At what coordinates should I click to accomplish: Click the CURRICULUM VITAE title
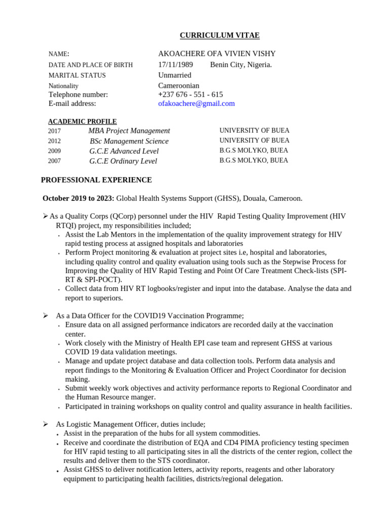(220, 35)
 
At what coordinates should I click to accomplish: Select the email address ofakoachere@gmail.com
(197, 103)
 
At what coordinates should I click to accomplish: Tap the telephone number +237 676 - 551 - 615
(190, 94)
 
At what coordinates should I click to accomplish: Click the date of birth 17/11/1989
(175, 64)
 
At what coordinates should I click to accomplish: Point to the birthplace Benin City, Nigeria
(241, 64)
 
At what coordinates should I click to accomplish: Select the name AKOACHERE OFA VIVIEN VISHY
(217, 54)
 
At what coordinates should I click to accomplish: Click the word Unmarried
(175, 75)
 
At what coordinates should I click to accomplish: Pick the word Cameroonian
(179, 86)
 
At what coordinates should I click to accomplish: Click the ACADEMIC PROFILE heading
(83, 122)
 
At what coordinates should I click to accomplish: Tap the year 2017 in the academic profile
(54, 131)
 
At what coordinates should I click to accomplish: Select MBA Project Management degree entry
(129, 131)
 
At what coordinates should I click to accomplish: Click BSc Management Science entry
(129, 141)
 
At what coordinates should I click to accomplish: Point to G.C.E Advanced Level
(124, 151)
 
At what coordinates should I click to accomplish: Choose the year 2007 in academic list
(54, 161)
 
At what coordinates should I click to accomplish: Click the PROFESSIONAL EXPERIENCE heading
(96, 180)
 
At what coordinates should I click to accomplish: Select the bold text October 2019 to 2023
(79, 198)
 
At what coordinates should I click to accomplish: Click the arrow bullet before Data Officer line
(45, 316)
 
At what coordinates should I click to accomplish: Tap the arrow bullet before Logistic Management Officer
(45, 424)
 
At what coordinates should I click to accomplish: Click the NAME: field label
(59, 54)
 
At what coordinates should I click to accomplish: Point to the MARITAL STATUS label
(77, 76)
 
